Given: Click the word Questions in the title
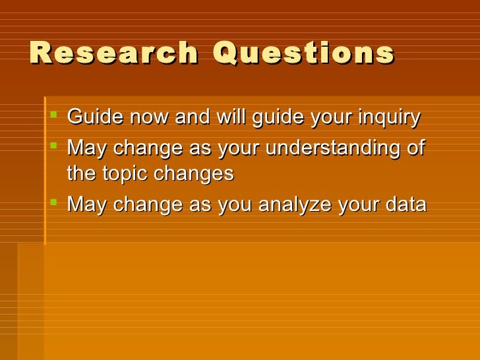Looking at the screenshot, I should pos(303,54).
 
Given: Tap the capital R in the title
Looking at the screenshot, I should pos(40,54).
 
